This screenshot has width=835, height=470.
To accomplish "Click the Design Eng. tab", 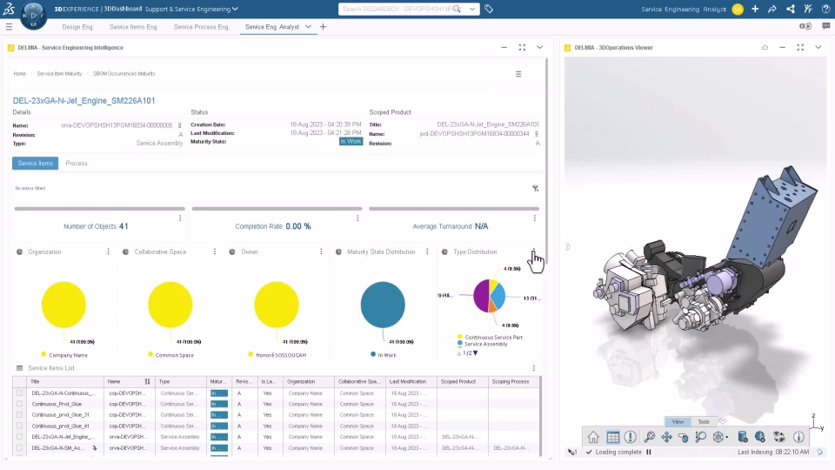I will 77,27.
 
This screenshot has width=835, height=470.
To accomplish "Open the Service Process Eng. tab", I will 202,27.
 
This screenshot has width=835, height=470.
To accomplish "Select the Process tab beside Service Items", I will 77,163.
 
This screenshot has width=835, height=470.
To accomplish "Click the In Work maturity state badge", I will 351,141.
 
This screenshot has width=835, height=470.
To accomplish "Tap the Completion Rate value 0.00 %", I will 298,226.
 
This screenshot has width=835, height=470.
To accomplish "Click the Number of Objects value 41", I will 124,226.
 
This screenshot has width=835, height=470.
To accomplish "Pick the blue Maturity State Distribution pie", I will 383,305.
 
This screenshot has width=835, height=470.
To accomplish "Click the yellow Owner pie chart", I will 277,305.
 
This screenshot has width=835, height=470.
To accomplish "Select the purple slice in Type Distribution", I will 481,295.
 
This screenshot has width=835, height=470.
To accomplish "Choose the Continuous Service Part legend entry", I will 493,337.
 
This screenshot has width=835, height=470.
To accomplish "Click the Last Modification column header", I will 409,381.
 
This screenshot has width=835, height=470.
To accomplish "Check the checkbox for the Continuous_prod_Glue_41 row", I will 19,426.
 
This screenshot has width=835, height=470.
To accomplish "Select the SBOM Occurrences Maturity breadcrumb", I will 124,74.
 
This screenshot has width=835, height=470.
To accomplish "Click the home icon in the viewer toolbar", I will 593,437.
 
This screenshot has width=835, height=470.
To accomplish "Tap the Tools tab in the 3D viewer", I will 704,421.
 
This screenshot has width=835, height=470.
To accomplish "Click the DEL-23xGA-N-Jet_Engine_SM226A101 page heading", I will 84,101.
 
